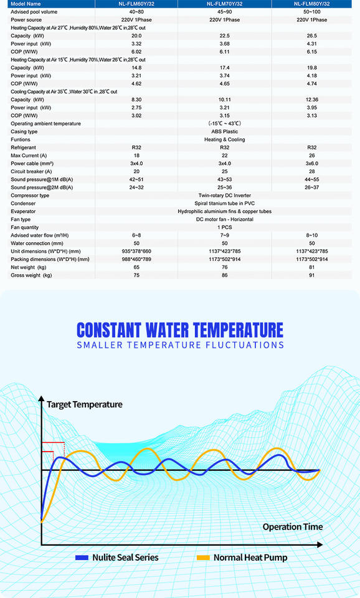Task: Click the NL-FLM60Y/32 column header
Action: pos(136,4)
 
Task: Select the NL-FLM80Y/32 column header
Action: pos(311,4)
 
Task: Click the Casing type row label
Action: pos(24,131)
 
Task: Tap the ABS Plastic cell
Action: pos(225,131)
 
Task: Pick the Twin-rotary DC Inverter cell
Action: pos(225,195)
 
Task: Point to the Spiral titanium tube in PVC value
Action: pos(225,203)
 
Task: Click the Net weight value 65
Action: pos(136,267)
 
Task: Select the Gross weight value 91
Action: pos(312,275)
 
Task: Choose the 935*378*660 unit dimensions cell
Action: pos(136,251)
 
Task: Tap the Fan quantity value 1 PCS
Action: pos(225,227)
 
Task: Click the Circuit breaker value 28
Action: pos(312,172)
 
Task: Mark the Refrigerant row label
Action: pos(23,148)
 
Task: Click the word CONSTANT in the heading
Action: pos(109,330)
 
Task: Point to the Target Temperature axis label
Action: pos(85,405)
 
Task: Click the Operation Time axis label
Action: pos(293,527)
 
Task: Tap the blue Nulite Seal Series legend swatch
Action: pos(82,558)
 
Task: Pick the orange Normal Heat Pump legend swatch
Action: pos(203,558)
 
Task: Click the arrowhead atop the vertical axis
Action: pos(41,399)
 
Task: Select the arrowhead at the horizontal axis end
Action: pos(320,544)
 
